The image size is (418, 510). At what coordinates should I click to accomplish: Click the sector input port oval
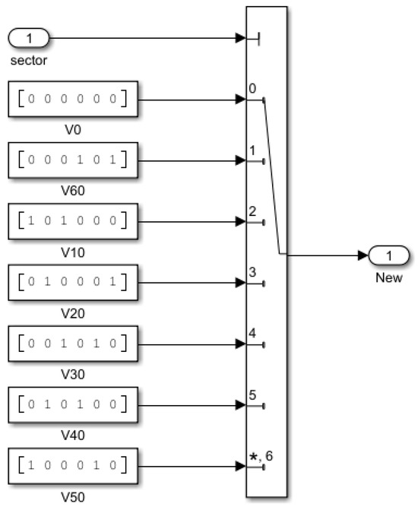tap(29, 37)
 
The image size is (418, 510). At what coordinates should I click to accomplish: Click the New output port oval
tap(388, 255)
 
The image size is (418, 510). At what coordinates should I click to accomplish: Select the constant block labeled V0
tap(72, 99)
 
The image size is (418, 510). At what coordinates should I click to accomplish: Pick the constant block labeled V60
tap(72, 160)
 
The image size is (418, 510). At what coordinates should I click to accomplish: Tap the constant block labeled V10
tap(72, 222)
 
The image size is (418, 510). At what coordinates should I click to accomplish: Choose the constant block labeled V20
tap(72, 284)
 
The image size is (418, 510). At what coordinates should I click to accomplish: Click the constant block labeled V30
tap(72, 344)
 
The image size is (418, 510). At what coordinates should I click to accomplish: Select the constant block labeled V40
tap(72, 406)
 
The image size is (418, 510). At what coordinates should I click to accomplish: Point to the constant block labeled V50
tap(72, 467)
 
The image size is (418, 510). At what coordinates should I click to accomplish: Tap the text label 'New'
tap(388, 278)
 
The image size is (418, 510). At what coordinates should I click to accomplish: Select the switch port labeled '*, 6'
tap(260, 456)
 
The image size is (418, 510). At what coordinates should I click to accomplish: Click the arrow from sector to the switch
tap(144, 37)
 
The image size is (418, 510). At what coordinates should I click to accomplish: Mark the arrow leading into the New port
tap(327, 255)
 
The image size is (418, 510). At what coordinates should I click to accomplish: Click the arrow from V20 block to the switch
tap(190, 284)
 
